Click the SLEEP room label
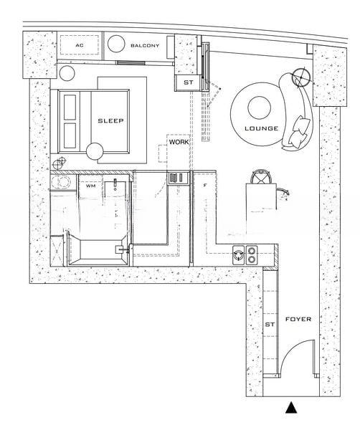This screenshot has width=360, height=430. coord(110,120)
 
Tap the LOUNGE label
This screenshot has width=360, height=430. coord(262,128)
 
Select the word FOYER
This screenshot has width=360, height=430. coord(298,319)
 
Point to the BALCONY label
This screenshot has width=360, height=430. coord(145,46)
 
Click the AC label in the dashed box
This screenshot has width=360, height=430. coord(80,45)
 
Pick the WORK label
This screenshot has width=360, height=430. coord(179,142)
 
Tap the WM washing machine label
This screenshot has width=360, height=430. coord(91,186)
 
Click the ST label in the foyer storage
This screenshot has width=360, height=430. coord(270,325)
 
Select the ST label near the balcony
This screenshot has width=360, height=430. coord(188,82)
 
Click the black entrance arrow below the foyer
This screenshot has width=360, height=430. coord(291,408)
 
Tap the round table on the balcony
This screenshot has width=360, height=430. coord(116,44)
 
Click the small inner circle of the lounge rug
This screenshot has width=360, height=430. coord(260,107)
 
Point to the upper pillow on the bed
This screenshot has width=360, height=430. coord(70,107)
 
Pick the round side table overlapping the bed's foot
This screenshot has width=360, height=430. coord(95,152)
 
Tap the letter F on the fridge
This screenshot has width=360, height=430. coord(204,186)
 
